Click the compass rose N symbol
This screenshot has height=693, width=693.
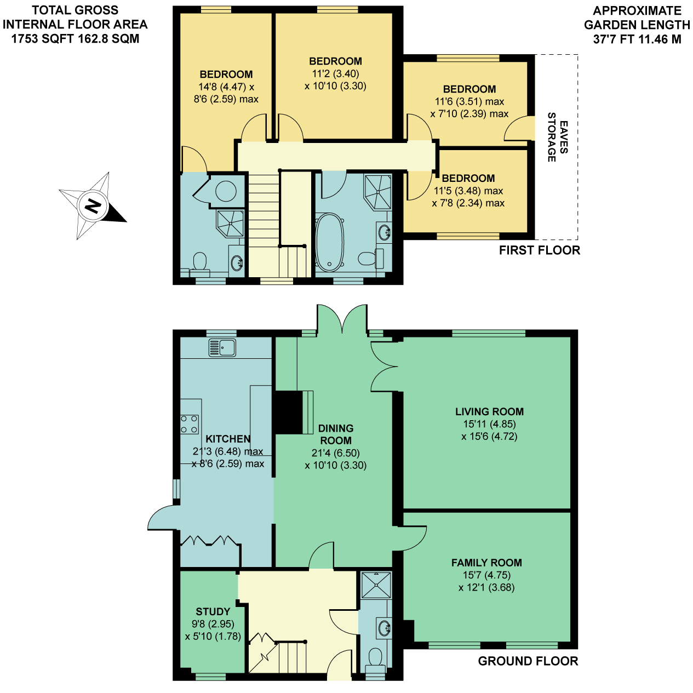coord(93,206)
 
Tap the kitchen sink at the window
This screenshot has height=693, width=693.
coord(222,348)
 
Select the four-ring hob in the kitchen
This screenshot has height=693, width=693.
coord(190,424)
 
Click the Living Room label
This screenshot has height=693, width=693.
coord(489,411)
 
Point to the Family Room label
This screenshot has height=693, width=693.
coord(486,563)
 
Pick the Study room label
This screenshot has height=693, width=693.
coord(213,611)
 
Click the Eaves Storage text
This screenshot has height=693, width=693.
coord(558,137)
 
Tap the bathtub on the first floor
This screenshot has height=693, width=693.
coord(329,242)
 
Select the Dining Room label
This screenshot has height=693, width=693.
coord(335,434)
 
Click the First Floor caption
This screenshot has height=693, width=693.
coord(539,250)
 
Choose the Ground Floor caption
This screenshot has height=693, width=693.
coord(528,661)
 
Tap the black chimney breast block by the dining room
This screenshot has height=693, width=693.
coord(288,413)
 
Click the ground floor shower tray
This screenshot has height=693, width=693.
coord(376,585)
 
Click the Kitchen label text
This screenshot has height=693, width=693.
coord(228,439)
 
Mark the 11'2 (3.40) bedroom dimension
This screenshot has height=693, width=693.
coord(335,74)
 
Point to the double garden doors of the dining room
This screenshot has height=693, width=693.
coord(342,318)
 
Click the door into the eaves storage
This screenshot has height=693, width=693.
coord(519,128)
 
